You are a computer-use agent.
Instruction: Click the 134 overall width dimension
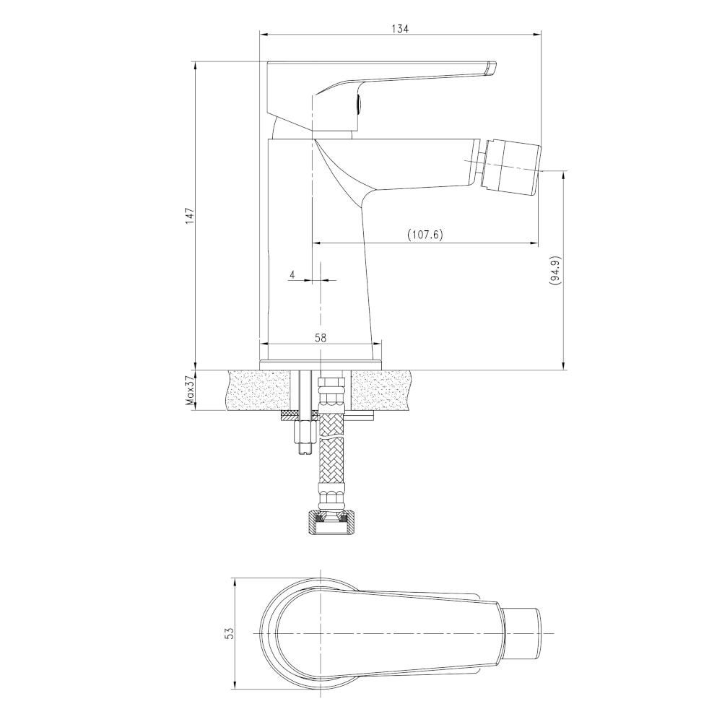[400, 29]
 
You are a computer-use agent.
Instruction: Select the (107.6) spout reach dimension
[425, 235]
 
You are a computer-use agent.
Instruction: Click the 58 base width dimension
[321, 337]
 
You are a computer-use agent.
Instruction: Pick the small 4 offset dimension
[292, 275]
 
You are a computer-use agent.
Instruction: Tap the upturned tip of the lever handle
[491, 67]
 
